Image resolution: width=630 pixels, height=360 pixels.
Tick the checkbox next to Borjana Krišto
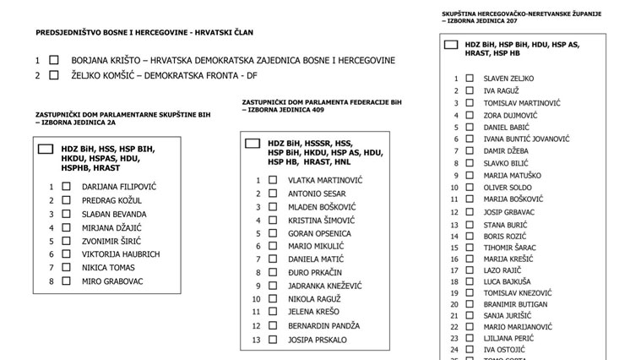tap(54, 61)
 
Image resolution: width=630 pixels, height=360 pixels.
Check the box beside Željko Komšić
tap(54, 75)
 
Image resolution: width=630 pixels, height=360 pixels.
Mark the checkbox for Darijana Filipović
tap(66, 187)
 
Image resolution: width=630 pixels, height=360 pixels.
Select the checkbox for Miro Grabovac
tap(66, 281)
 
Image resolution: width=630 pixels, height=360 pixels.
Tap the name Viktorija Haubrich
tap(121, 254)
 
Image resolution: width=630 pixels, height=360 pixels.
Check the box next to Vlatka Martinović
tap(273, 180)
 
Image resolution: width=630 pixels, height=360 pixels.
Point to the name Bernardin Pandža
tap(323, 325)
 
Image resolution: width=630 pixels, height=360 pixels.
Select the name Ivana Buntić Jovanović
tap(527, 139)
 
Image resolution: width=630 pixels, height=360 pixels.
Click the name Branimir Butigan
tap(515, 304)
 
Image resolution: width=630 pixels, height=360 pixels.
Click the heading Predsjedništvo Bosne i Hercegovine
tap(144, 32)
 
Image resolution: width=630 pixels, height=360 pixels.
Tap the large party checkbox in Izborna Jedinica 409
tap(252, 144)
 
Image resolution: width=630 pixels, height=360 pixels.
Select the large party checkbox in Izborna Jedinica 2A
tap(46, 149)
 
